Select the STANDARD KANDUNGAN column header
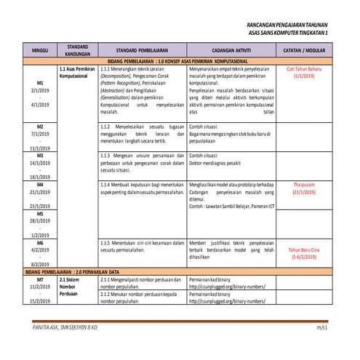[x=78, y=49]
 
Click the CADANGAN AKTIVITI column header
[x=231, y=49]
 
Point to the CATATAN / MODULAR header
[x=304, y=49]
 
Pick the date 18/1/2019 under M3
[x=39, y=177]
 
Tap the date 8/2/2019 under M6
[x=39, y=264]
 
